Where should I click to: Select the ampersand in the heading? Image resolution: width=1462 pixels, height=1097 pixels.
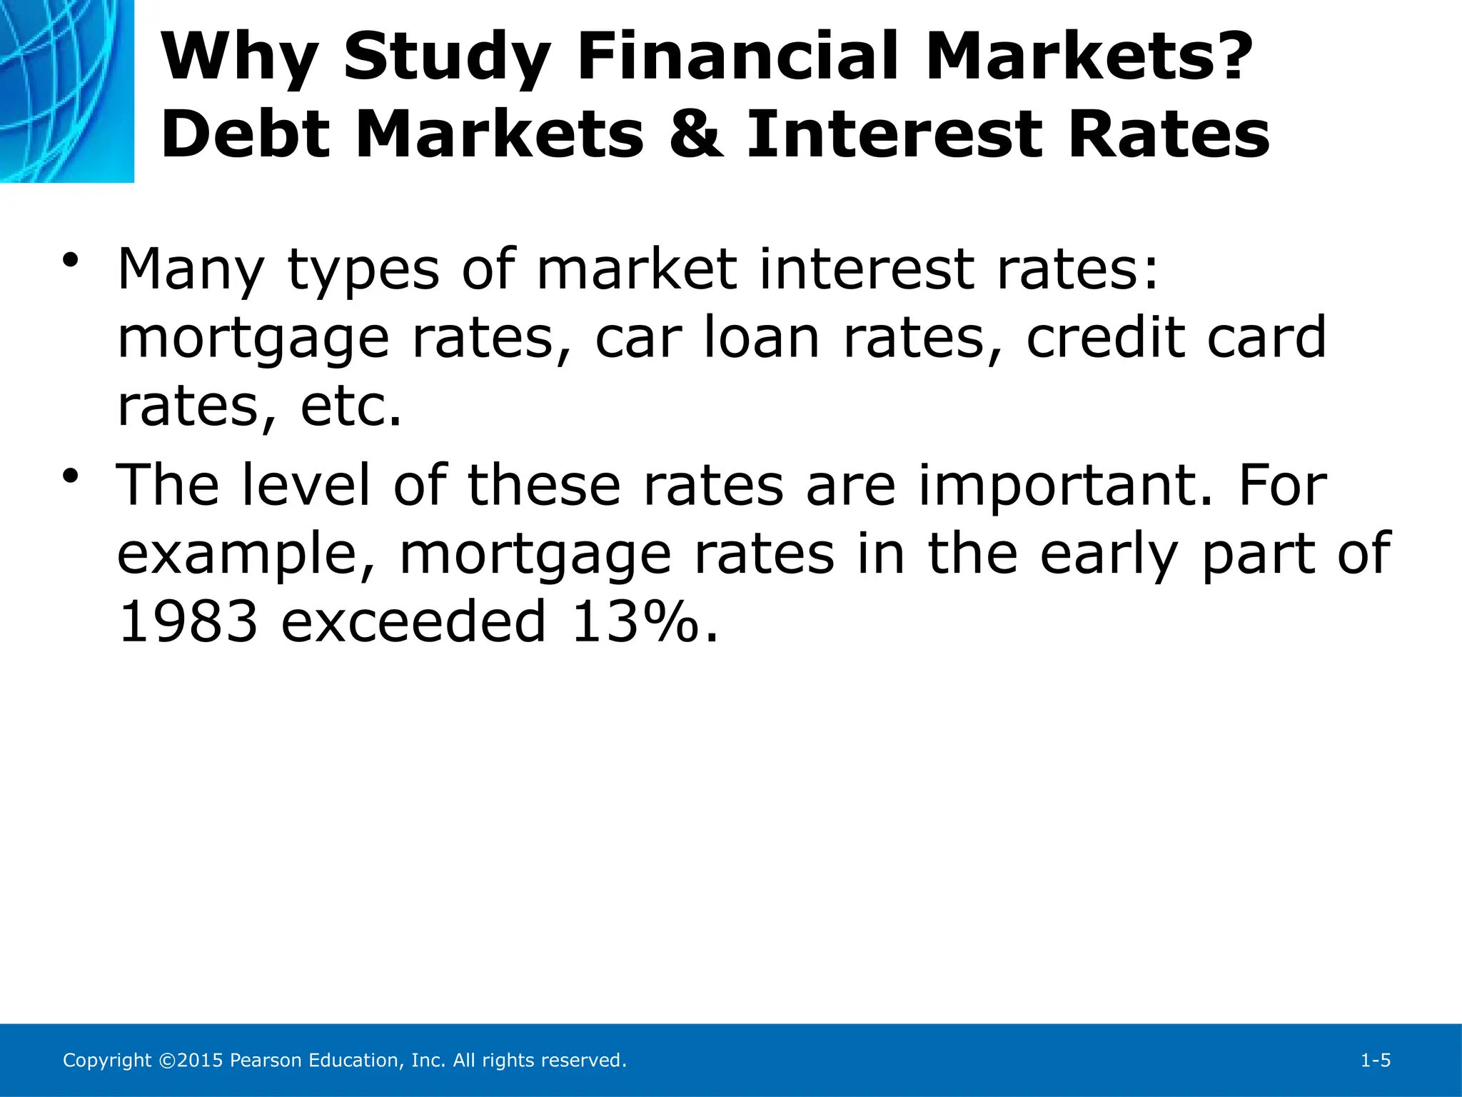coord(696,136)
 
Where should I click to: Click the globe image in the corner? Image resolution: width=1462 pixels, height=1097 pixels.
coord(66,91)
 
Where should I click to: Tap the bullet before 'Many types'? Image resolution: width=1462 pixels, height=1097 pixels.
coord(69,261)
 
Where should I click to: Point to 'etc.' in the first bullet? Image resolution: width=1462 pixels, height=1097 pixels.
coord(351,407)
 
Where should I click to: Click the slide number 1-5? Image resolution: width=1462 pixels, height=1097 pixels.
coord(1375,1061)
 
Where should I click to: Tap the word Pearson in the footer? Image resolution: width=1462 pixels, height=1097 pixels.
coord(266,1061)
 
